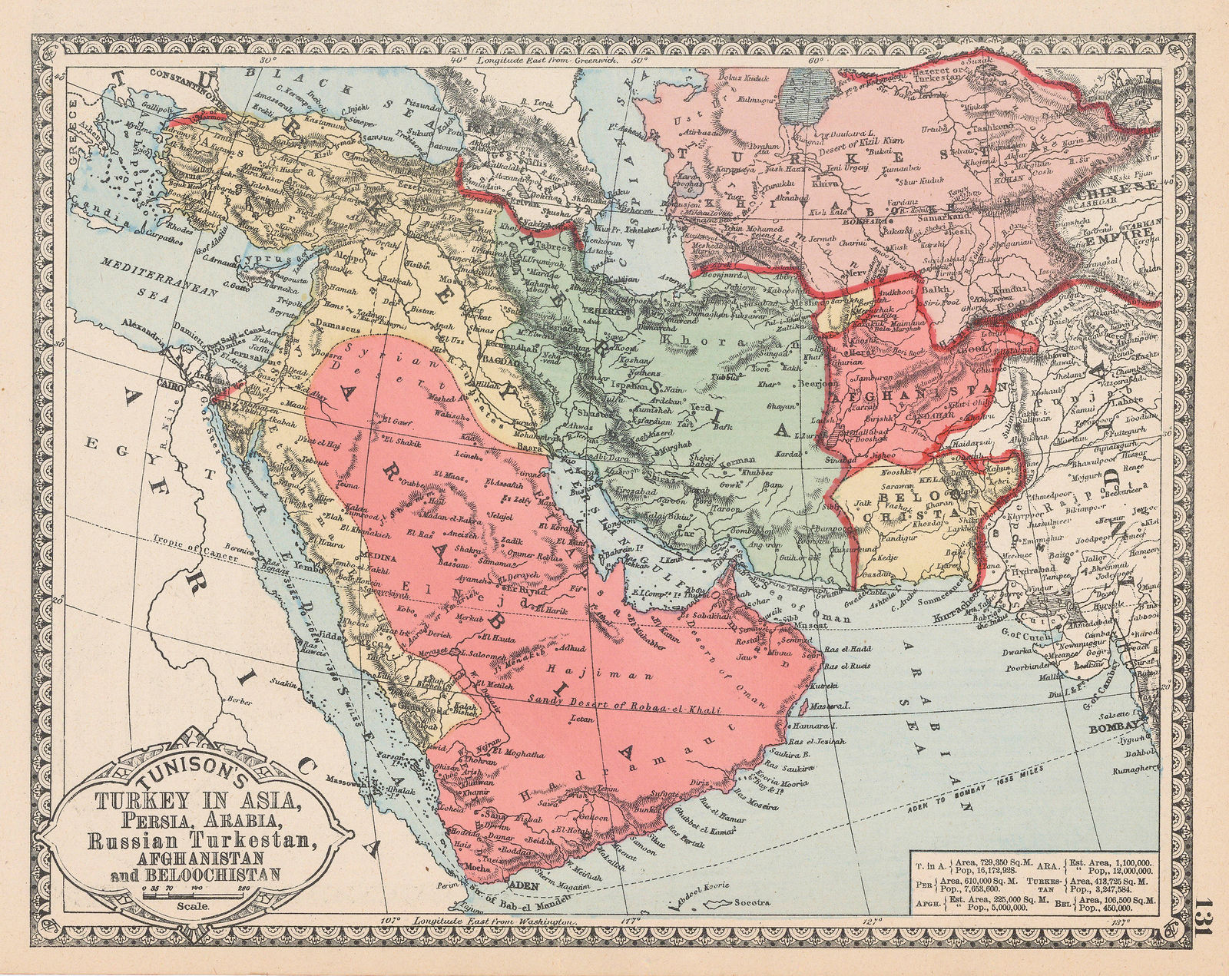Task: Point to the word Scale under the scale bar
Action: coord(187,906)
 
